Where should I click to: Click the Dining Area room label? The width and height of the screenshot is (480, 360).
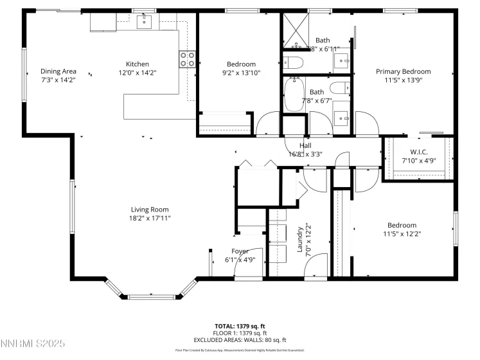pos(58,71)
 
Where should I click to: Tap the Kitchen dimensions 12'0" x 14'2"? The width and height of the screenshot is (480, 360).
pos(137,73)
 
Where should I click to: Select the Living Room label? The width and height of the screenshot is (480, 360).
pos(150,210)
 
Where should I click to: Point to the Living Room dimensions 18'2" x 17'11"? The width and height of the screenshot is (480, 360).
pos(150,219)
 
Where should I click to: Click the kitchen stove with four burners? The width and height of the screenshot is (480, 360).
pos(187,60)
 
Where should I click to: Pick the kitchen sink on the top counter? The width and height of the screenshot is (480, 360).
pos(146,22)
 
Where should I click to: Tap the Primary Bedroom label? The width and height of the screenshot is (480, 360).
pos(403,71)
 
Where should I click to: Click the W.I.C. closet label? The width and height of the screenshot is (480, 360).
pos(418,152)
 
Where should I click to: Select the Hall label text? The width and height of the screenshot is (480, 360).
pos(306,145)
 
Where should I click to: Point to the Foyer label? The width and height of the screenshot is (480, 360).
pos(240,251)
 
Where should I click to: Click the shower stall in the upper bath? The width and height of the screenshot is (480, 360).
pos(294,30)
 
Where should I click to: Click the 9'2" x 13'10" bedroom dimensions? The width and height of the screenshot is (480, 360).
pos(241,73)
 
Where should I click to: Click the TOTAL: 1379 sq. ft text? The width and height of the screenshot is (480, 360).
pos(240,326)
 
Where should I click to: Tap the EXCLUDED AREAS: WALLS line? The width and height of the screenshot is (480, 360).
pos(240,339)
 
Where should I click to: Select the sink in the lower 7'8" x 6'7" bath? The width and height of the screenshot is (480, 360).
pos(342,118)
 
